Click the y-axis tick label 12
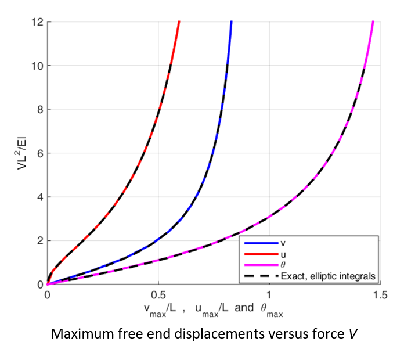pyautogui.click(x=37, y=22)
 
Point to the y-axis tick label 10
pyautogui.click(x=37, y=66)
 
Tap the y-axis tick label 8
pyautogui.click(x=40, y=110)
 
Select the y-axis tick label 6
pyautogui.click(x=40, y=154)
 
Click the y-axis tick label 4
pyautogui.click(x=40, y=197)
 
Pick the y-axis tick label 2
pyautogui.click(x=40, y=241)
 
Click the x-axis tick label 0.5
pyautogui.click(x=158, y=295)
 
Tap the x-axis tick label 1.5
pyautogui.click(x=380, y=295)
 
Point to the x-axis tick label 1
pyautogui.click(x=269, y=295)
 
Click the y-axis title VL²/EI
pyautogui.click(x=21, y=154)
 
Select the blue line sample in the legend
pyautogui.click(x=261, y=243)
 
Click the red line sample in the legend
pyautogui.click(x=261, y=254)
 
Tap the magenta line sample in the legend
pyautogui.click(x=261, y=265)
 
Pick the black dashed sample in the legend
pyautogui.click(x=261, y=276)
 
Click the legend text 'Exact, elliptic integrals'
pyautogui.click(x=328, y=276)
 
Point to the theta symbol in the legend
pyautogui.click(x=283, y=265)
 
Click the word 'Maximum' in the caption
pyautogui.click(x=82, y=334)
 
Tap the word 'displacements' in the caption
pyautogui.click(x=219, y=334)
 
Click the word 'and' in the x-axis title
pyautogui.click(x=244, y=308)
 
